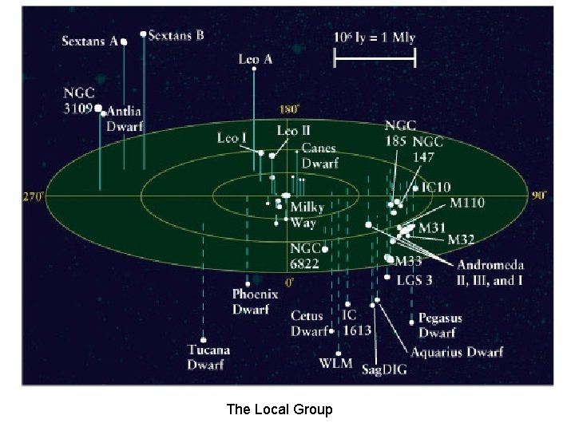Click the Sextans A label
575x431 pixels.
coord(89,42)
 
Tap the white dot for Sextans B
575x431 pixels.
coord(143,34)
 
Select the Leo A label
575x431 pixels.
coord(256,58)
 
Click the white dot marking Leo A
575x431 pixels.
coord(254,69)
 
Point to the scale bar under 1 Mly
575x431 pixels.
coord(375,58)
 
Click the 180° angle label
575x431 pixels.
coord(288,109)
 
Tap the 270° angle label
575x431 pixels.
coord(32,195)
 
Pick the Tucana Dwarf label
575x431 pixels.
coord(208,357)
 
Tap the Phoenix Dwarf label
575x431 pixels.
coord(256,301)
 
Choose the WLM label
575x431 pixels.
coord(335,363)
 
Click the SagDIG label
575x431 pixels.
coord(383,370)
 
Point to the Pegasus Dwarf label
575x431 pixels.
coord(440,326)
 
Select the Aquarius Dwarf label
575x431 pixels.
coord(457,352)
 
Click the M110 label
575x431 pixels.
coord(467,203)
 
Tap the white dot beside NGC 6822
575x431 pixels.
coord(325,249)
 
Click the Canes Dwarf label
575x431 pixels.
coord(319,156)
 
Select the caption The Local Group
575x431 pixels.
coord(280,409)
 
